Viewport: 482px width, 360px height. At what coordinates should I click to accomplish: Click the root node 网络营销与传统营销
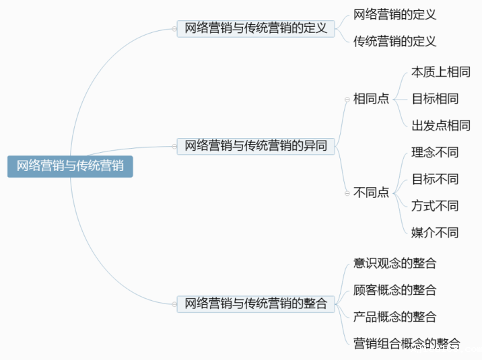tap(70, 166)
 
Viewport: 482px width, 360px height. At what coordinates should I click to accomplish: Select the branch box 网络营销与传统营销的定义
tap(256, 28)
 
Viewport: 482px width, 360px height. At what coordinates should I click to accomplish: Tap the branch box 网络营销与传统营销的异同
tap(256, 146)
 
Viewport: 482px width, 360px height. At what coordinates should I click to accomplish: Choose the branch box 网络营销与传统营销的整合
tap(256, 304)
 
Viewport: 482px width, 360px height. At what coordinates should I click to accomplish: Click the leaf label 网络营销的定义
tap(394, 14)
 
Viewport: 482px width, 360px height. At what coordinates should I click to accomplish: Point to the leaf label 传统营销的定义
tap(394, 42)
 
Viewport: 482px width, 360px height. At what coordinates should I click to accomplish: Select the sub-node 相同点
tap(372, 99)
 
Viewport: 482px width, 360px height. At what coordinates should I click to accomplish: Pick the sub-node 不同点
tap(372, 192)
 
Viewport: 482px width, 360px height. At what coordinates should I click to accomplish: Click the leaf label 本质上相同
tap(441, 72)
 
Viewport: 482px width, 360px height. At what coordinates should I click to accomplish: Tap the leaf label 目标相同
tap(435, 99)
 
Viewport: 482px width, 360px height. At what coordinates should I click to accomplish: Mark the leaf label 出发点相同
tap(441, 126)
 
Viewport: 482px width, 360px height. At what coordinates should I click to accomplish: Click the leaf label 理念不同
tap(435, 152)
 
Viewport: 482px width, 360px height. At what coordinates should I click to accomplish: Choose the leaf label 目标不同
tap(435, 179)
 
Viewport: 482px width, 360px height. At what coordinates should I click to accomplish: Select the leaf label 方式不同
tap(435, 206)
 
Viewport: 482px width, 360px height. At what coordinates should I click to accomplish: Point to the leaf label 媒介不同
tap(435, 233)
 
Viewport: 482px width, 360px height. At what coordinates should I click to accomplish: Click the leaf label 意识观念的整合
tap(394, 263)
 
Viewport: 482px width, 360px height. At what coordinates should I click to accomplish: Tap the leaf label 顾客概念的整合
tap(394, 290)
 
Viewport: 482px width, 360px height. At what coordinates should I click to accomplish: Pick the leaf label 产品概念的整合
tap(394, 317)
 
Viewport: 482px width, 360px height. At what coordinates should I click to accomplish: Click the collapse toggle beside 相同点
tap(347, 100)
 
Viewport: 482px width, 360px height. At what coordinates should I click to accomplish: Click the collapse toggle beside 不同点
tap(347, 193)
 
